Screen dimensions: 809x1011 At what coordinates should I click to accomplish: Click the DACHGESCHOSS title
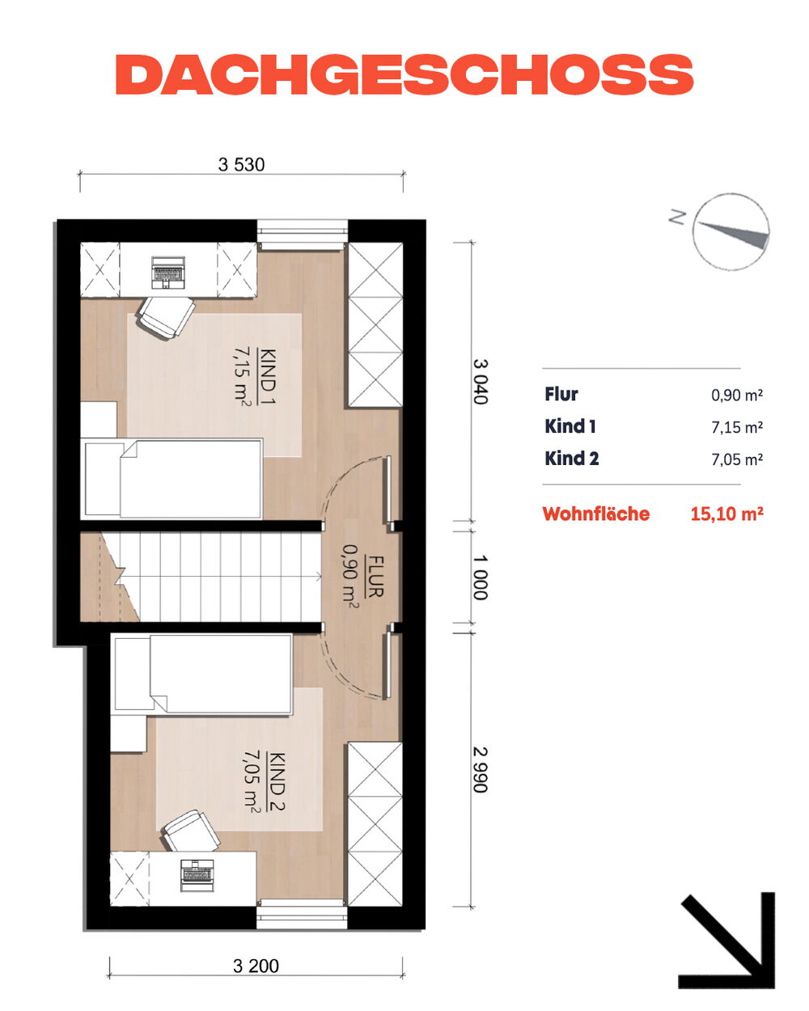pos(404,74)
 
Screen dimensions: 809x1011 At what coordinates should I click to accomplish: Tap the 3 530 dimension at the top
pos(241,164)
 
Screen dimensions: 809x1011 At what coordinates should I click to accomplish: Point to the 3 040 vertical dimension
pos(480,382)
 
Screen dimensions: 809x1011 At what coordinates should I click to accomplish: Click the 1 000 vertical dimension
pos(480,577)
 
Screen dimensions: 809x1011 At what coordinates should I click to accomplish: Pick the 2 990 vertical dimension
pos(480,769)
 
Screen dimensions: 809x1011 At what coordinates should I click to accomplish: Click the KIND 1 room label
pos(268,376)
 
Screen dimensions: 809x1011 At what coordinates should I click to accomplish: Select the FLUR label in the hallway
pos(375,577)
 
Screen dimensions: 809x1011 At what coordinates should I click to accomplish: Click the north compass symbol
pos(730,231)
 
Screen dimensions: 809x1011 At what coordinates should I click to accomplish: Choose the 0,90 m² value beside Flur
pos(737,395)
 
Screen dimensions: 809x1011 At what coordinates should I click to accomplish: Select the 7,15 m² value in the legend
pos(737,427)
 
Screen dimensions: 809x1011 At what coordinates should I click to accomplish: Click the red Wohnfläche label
pos(596,514)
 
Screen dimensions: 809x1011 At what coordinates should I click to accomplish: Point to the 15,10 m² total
pos(726,514)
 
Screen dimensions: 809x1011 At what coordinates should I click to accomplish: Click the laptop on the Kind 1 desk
pos(167,273)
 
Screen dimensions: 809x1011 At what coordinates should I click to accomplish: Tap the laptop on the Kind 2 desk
pos(197,875)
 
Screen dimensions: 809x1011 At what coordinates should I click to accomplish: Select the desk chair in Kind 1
pos(166,316)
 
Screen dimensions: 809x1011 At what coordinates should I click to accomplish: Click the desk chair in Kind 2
pos(190,831)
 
